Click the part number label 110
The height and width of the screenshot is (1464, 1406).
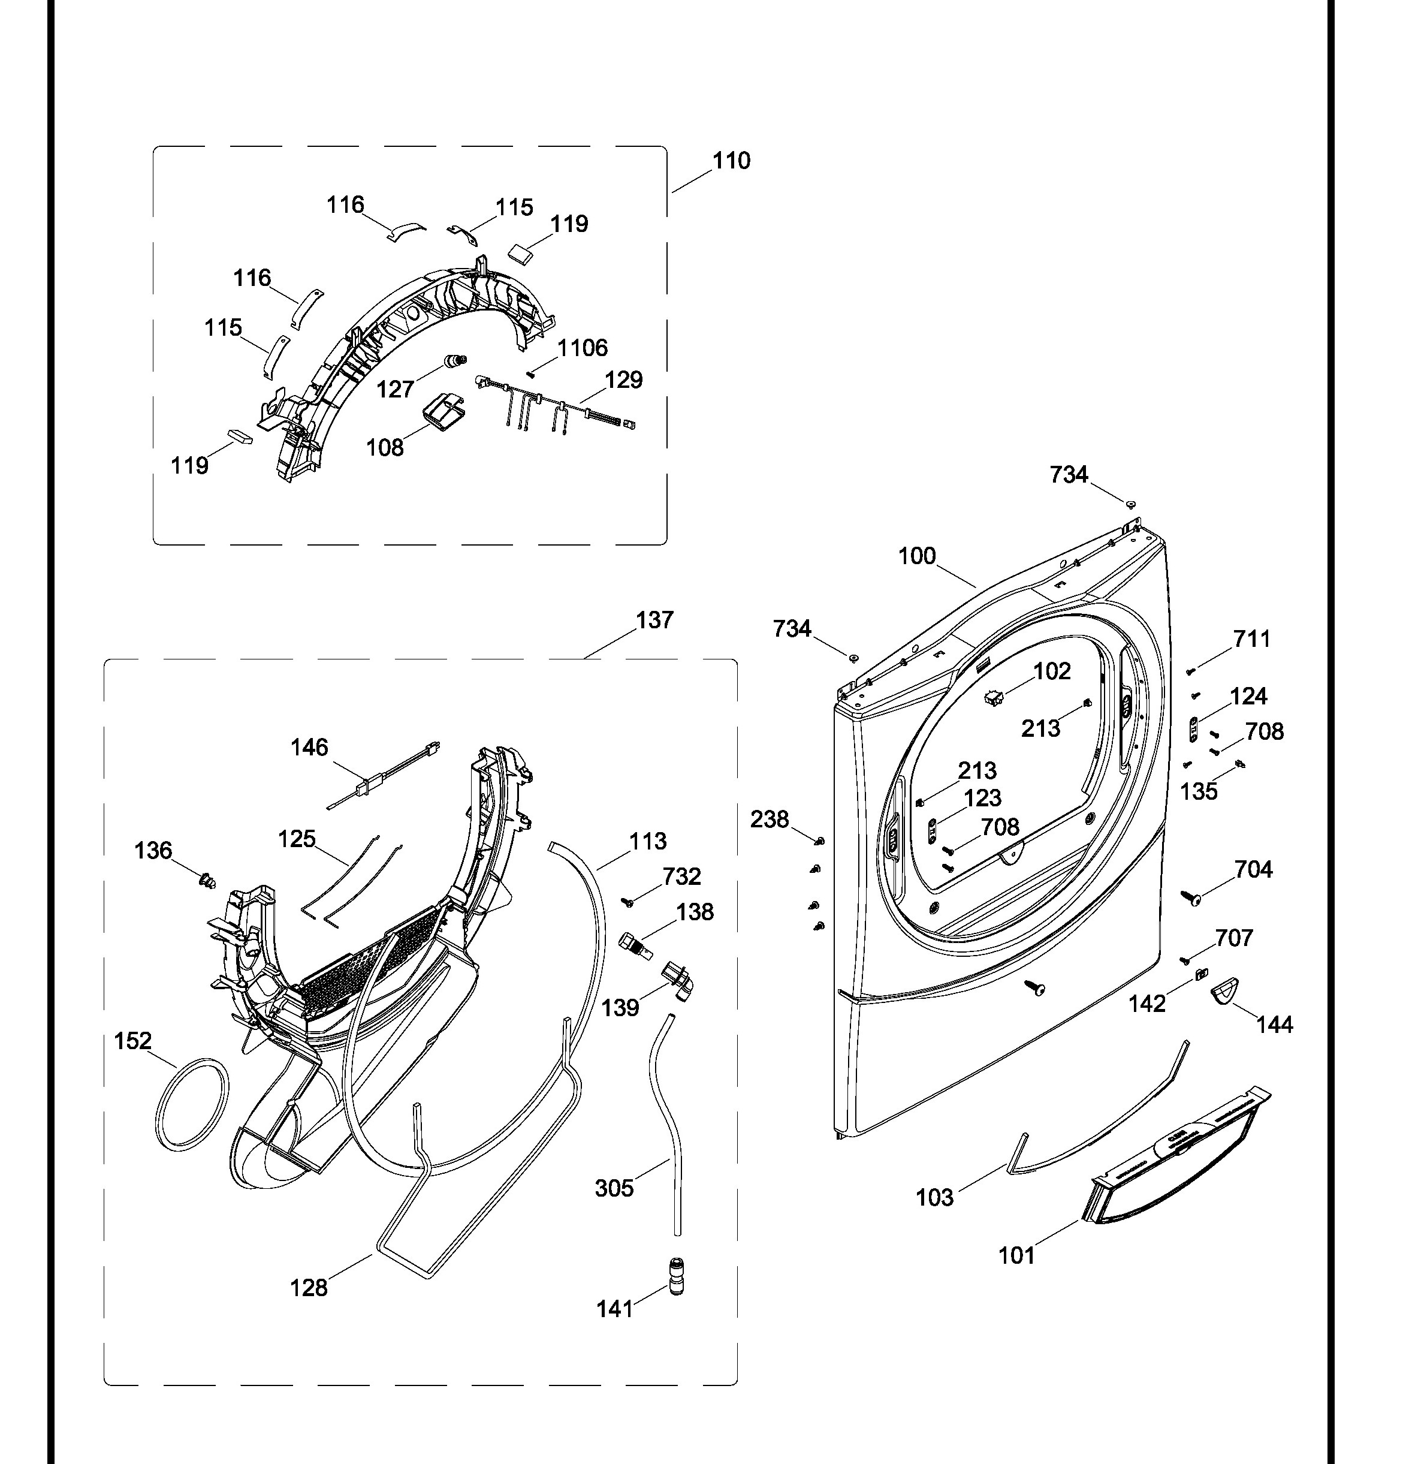tap(731, 161)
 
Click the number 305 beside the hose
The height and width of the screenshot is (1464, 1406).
tap(614, 1188)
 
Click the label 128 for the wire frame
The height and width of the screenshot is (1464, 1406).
tap(309, 1288)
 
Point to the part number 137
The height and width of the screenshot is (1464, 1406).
tap(654, 620)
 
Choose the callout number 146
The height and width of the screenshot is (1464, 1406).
tap(309, 747)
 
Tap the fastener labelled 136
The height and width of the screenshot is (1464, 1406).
tap(207, 881)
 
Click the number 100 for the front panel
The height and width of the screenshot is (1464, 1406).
tap(916, 556)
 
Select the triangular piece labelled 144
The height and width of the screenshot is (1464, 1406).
tap(1224, 990)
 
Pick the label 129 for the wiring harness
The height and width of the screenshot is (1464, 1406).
tap(623, 379)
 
